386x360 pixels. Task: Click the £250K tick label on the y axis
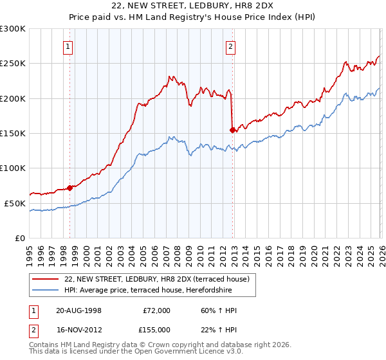pos(13,64)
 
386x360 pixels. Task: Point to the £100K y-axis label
pos(13,168)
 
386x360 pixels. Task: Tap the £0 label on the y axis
pos(21,238)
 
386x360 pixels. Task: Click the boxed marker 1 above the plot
pos(68,46)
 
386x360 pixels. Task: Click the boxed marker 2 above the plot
pos(230,46)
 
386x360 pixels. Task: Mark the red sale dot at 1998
pos(69,188)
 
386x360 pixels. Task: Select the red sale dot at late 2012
pos(232,130)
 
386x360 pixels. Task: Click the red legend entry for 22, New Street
pos(161,279)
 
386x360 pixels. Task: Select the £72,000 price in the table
pos(156,310)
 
